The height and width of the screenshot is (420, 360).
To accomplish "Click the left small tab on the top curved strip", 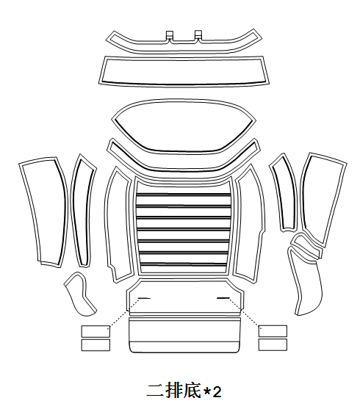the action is coord(170,35).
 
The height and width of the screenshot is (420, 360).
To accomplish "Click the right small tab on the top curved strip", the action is coord(198,34).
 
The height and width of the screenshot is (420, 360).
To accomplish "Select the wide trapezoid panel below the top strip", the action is coord(184,71).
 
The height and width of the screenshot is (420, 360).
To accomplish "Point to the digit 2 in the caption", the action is coord(217,392).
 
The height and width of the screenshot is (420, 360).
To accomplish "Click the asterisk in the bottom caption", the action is coord(206,391).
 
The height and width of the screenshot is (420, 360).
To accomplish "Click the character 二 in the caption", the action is coord(156,391).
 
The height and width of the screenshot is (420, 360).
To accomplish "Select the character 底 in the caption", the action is coord(192,391).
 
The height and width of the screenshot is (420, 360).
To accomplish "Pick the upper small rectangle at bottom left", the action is coord(96,331).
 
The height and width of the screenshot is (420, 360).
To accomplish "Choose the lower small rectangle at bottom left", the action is coord(96,345).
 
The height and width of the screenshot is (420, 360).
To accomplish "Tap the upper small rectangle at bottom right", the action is coord(273,331).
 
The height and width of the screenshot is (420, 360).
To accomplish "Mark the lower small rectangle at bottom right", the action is coord(273,344).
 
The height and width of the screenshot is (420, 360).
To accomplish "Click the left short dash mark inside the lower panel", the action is coord(144,298).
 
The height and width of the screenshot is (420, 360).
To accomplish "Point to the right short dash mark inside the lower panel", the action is coord(223,298).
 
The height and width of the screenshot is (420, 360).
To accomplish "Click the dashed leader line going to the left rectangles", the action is coord(124,312).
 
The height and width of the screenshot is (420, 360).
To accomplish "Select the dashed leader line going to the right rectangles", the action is coord(244,312).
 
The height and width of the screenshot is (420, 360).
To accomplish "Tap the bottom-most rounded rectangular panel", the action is coord(184,335).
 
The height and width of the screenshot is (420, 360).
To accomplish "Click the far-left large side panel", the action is coord(43,211).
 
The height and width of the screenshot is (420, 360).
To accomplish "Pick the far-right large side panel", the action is coord(323,200).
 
